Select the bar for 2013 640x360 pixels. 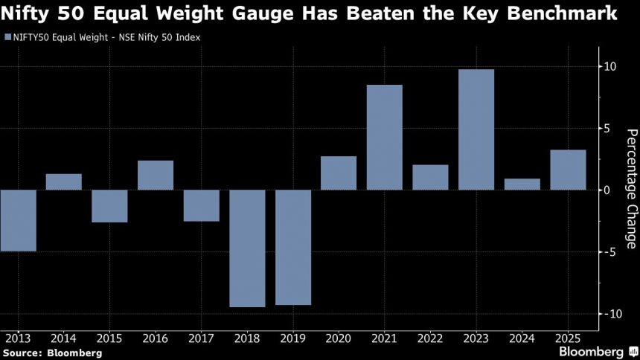[x=18, y=220]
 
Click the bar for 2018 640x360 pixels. [x=247, y=248]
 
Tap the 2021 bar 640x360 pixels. [x=385, y=138]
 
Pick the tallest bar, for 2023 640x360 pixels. [x=476, y=129]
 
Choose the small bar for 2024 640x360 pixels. [x=522, y=184]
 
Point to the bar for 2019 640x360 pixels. [x=293, y=248]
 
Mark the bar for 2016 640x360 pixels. [x=156, y=176]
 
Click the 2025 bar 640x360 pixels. [x=568, y=170]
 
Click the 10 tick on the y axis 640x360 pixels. [x=609, y=67]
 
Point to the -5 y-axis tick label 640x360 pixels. [x=609, y=252]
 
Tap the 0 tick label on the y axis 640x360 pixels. [x=607, y=190]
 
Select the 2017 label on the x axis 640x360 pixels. [x=201, y=339]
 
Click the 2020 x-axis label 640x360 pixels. [x=339, y=339]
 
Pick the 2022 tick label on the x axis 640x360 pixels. [x=430, y=339]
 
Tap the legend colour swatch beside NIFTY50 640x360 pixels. [x=7, y=36]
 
